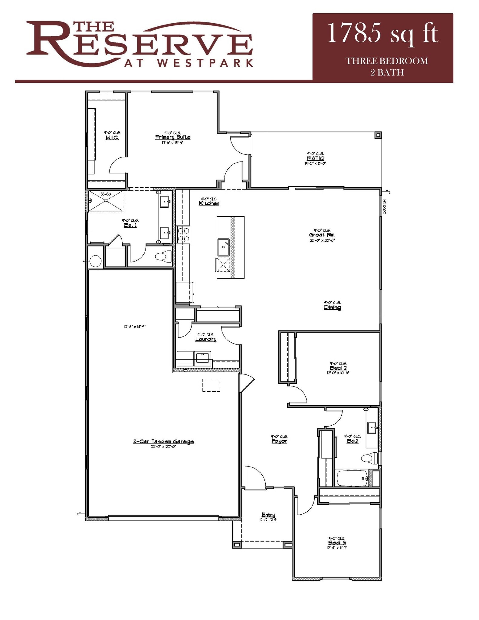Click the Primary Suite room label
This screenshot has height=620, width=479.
(x=172, y=137)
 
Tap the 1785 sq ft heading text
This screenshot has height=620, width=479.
(x=382, y=34)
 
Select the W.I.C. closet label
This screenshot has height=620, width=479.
(x=112, y=138)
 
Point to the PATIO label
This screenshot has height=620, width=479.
(x=315, y=158)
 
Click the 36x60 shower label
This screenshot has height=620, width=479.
(x=106, y=194)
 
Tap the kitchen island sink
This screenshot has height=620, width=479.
(x=224, y=247)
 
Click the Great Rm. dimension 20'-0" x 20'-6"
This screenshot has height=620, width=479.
(x=322, y=240)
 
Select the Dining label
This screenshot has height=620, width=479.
(x=332, y=308)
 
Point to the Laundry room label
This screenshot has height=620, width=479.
(x=206, y=339)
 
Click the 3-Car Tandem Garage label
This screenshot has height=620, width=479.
(x=163, y=441)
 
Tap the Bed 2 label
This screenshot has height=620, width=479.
(x=338, y=368)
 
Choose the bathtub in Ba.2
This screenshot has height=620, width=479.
(x=352, y=479)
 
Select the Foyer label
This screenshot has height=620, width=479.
(x=279, y=441)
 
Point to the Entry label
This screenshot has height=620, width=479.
(x=268, y=515)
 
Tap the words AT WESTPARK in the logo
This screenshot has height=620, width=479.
(x=189, y=63)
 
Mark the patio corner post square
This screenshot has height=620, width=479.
(x=378, y=135)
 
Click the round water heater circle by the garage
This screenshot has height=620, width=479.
(x=95, y=261)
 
